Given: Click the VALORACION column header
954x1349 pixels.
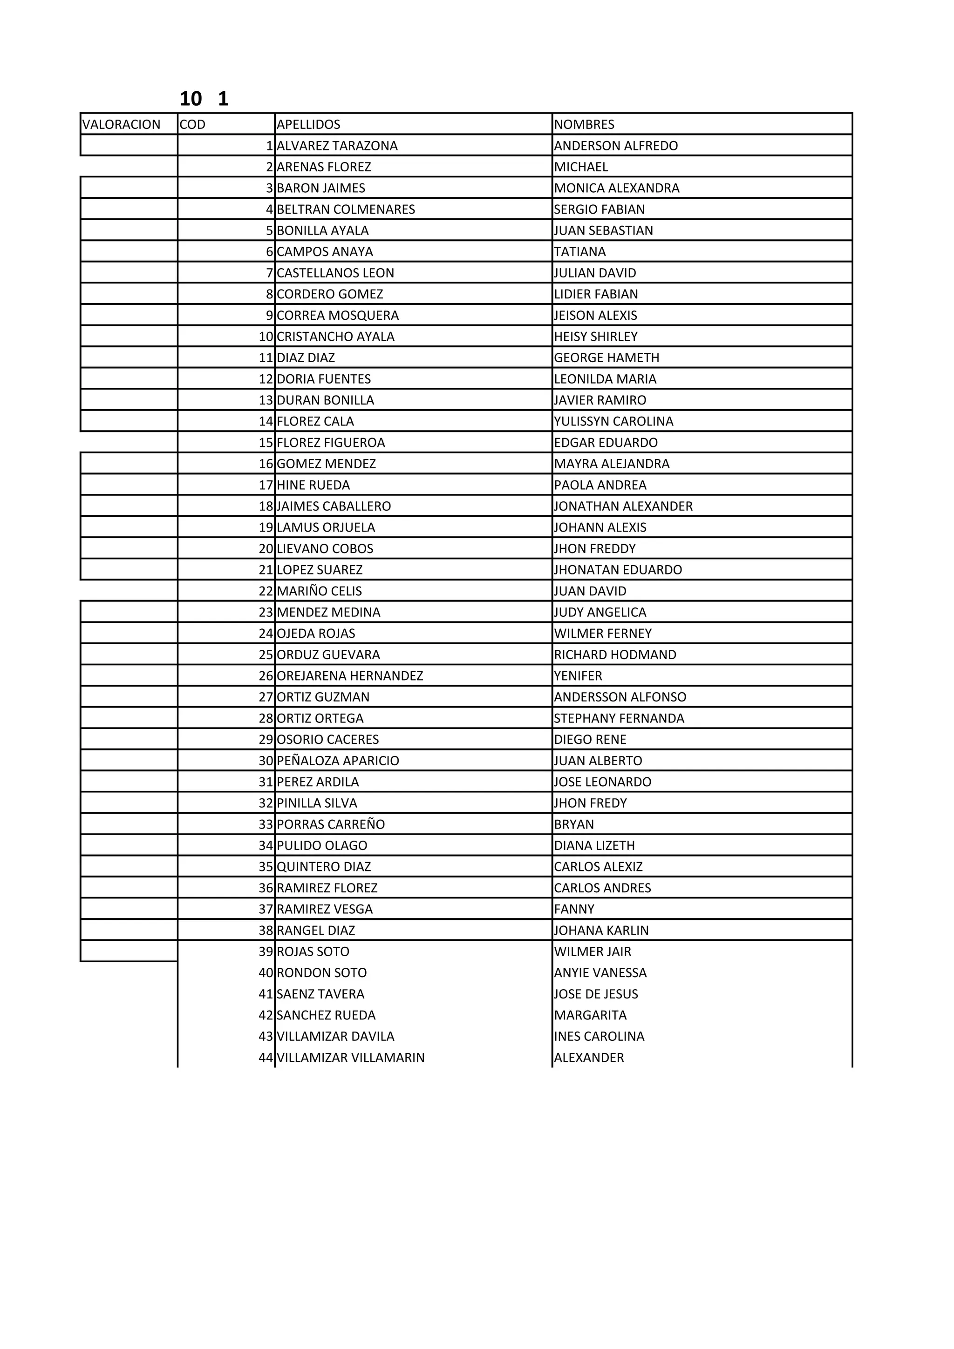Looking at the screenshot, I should click(121, 125).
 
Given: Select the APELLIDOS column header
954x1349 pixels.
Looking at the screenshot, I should click(308, 125).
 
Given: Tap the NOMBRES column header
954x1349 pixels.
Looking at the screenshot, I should click(584, 125).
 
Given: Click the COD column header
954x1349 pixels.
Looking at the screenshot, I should click(193, 125).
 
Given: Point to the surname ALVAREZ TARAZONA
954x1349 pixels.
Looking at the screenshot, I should click(337, 146).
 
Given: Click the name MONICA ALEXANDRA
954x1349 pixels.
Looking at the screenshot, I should click(617, 188).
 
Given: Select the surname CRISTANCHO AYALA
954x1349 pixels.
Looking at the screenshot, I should click(336, 337).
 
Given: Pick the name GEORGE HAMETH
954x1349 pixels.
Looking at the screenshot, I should click(606, 358).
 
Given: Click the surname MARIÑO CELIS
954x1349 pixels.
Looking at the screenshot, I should click(319, 591).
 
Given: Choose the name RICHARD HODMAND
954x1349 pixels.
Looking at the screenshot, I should click(615, 654).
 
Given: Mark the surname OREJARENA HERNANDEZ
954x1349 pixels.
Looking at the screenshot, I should click(350, 676).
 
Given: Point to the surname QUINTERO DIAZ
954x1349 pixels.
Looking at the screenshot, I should click(324, 867).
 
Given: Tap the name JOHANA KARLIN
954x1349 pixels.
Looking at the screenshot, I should click(601, 930).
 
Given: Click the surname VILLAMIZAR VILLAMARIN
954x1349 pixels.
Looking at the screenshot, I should click(350, 1058).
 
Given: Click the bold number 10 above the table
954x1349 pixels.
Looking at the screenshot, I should click(191, 99).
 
